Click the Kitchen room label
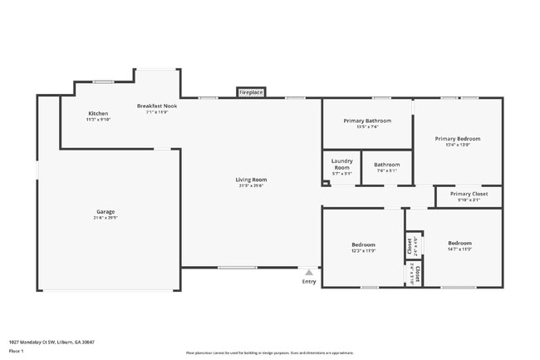[x=98, y=113]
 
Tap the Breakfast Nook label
[x=156, y=106]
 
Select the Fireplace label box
[x=251, y=93]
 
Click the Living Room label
[x=251, y=180]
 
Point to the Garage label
[x=106, y=212]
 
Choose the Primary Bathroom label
[x=366, y=121]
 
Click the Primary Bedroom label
[x=457, y=139]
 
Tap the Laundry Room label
[x=341, y=165]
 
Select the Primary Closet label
[x=469, y=194]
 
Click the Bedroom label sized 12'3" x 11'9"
[x=363, y=244]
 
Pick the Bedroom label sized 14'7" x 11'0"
[x=459, y=244]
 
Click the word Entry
[x=309, y=282]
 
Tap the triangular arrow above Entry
[x=309, y=272]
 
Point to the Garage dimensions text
[x=106, y=218]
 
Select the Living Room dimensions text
[x=251, y=185]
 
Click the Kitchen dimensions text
[x=98, y=119]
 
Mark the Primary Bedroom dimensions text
[x=457, y=145]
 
